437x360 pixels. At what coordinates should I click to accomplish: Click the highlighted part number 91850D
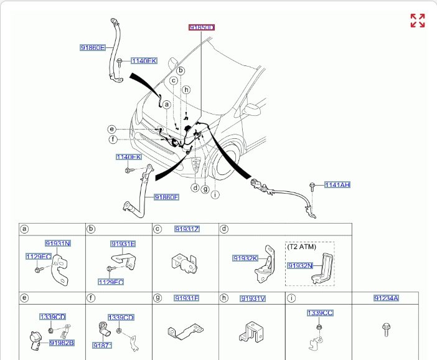click(x=202, y=27)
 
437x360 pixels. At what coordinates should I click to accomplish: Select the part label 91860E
click(x=93, y=47)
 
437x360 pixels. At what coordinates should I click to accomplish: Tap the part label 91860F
click(x=167, y=197)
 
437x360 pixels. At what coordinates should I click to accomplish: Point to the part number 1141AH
click(x=337, y=185)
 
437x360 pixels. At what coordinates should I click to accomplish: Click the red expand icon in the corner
click(x=418, y=21)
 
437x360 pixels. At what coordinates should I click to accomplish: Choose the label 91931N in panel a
click(x=57, y=243)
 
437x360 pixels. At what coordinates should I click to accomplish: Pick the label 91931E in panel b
click(x=123, y=244)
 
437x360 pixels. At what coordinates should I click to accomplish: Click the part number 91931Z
click(x=187, y=229)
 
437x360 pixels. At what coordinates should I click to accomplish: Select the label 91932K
click(x=245, y=258)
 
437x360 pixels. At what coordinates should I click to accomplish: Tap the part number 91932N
click(x=300, y=265)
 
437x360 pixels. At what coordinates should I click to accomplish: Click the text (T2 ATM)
click(x=302, y=247)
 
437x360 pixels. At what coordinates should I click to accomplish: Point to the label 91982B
click(x=62, y=343)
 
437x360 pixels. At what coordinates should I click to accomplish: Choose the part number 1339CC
click(x=319, y=312)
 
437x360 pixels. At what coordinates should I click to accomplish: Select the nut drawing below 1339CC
click(x=319, y=325)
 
